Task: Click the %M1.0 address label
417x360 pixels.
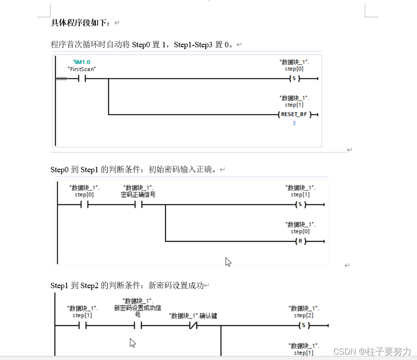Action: pos(82,62)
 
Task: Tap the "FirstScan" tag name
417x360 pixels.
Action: pos(82,69)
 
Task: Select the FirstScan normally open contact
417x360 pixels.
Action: pos(82,79)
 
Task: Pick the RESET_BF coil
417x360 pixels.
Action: pos(294,115)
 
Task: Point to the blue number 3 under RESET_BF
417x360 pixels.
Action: pos(294,123)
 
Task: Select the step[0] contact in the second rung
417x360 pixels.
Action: pos(84,205)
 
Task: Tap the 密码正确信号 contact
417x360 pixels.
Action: pos(139,205)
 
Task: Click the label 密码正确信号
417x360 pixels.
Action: pos(139,195)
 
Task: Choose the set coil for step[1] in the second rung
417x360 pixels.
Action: pos(300,205)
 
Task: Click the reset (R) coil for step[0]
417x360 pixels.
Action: pos(300,241)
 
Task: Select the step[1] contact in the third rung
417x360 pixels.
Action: pos(82,326)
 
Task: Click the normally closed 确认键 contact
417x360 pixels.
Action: pos(193,326)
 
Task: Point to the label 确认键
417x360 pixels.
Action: pos(208,315)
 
